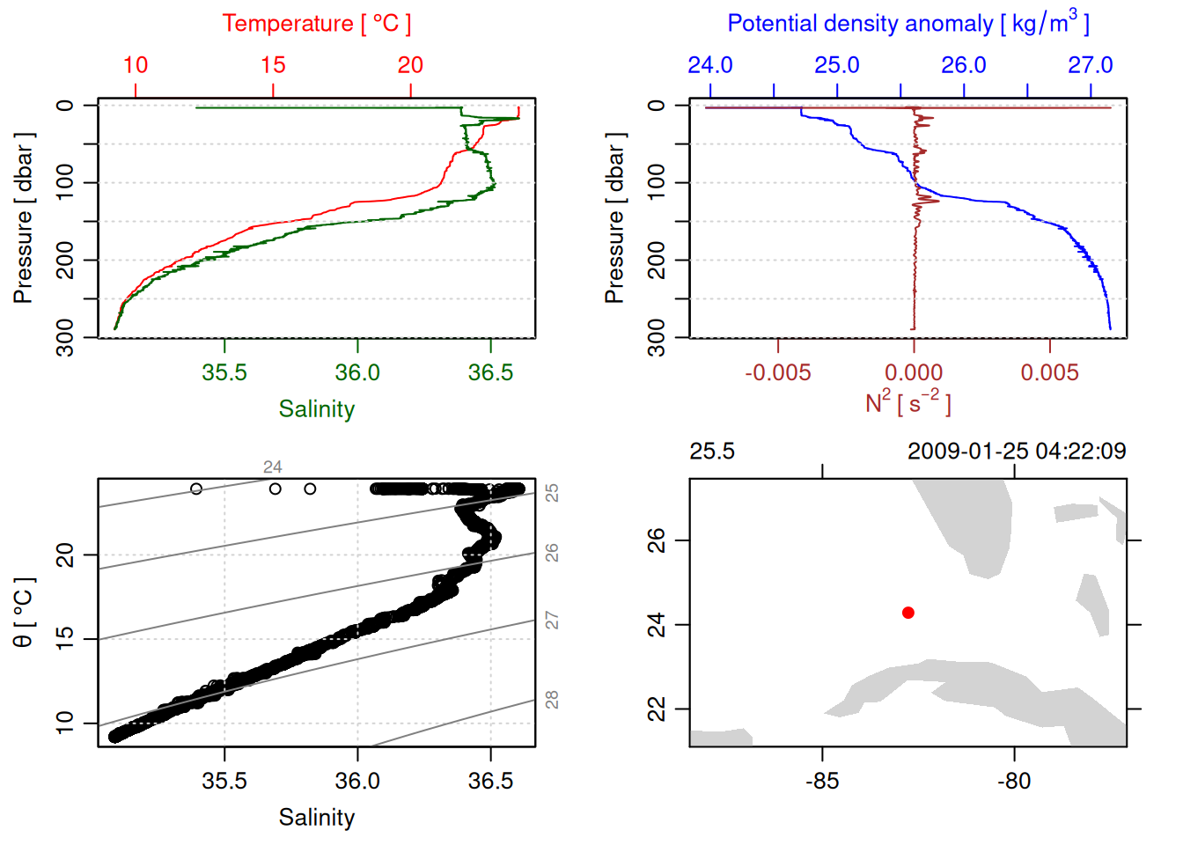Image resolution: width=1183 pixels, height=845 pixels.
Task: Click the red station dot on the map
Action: click(907, 613)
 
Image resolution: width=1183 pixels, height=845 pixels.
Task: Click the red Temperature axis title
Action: click(316, 24)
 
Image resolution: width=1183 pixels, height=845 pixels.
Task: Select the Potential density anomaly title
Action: click(907, 23)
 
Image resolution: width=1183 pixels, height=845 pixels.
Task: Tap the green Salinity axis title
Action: click(316, 409)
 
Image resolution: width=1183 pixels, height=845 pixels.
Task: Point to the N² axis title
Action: click(907, 402)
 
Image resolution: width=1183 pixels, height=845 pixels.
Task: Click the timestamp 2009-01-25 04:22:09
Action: click(1017, 452)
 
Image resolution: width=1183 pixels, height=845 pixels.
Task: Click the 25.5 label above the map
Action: click(711, 452)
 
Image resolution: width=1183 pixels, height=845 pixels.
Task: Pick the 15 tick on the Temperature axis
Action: click(273, 65)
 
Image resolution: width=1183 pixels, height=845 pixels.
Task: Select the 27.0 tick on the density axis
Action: click(1091, 65)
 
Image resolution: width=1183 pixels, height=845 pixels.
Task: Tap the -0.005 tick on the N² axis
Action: click(777, 372)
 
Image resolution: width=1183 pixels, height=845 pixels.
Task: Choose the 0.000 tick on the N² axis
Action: click(914, 372)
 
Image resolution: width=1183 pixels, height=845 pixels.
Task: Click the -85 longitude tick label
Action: click(822, 781)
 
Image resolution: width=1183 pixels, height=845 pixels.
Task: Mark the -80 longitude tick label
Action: click(1014, 781)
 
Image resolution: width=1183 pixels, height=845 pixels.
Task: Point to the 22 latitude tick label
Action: click(657, 709)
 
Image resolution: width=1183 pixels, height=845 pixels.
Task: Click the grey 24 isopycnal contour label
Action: click(273, 467)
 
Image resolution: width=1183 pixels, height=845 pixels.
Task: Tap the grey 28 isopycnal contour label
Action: click(552, 700)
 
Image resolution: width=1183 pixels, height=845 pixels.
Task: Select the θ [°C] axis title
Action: click(23, 613)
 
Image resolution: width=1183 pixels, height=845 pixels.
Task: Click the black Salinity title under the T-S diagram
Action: click(316, 818)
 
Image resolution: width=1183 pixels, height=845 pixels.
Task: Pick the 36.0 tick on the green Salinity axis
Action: click(357, 372)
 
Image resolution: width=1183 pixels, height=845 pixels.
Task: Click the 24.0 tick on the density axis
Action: click(709, 65)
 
